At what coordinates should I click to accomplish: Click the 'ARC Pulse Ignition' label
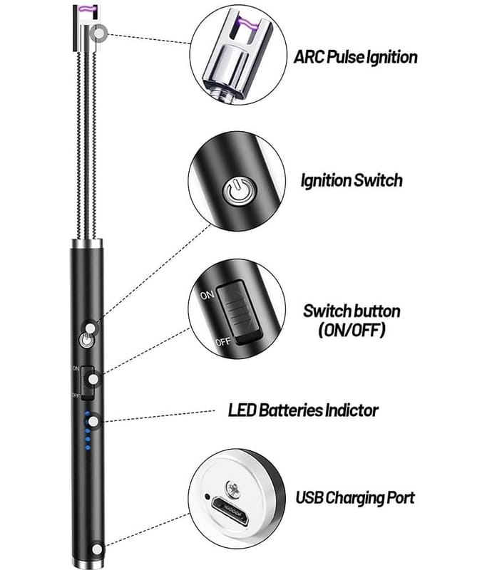(x=356, y=57)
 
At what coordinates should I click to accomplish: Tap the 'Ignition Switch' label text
(x=351, y=180)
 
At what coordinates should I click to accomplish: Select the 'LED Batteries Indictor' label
(x=303, y=410)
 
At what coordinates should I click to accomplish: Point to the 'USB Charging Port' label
(x=355, y=497)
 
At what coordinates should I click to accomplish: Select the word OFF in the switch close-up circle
(x=223, y=342)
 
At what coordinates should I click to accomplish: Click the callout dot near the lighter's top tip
(x=98, y=32)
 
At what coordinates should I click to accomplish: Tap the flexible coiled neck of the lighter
(x=85, y=142)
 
